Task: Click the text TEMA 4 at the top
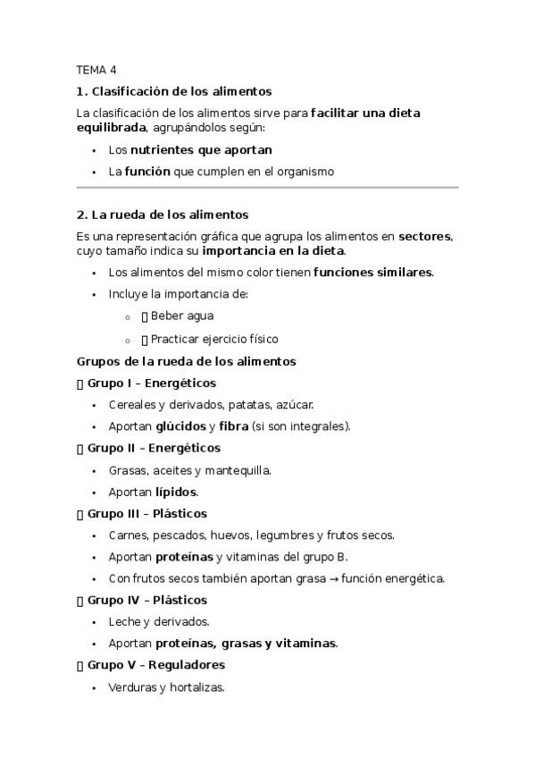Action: (96, 70)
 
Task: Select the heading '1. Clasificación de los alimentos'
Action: (174, 91)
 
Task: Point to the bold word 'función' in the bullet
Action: (147, 171)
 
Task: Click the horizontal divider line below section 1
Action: (267, 188)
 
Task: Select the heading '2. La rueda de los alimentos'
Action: (163, 215)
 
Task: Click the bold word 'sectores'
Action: (424, 236)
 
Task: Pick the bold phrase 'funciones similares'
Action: (372, 272)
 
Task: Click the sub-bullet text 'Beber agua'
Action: (182, 316)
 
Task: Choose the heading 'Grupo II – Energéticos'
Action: (154, 448)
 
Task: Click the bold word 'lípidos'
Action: (176, 492)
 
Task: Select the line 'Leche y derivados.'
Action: (159, 621)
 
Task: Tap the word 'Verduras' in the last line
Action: (130, 687)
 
